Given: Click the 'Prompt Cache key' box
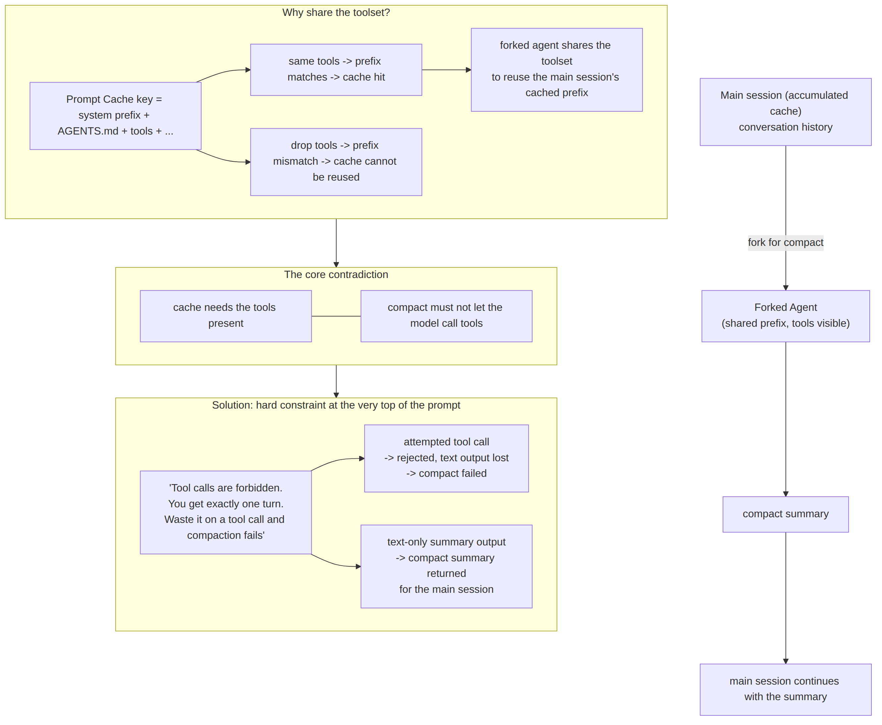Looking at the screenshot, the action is [115, 116].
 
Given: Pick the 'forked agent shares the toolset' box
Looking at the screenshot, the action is [556, 70].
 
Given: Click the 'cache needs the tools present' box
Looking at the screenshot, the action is [226, 316].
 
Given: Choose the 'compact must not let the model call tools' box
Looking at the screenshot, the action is [446, 316].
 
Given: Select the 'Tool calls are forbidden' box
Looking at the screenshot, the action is [226, 512].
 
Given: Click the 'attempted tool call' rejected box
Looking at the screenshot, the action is [446, 458].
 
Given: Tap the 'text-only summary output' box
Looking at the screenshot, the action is [446, 566].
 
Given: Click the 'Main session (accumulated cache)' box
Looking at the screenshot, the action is [785, 112].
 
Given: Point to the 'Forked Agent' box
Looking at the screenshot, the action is [785, 316].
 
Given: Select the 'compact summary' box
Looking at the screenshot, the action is [785, 514].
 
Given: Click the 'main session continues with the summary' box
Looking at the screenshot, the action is [785, 690].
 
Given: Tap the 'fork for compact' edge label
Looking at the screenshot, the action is [785, 243].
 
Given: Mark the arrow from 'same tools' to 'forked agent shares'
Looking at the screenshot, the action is [446, 70].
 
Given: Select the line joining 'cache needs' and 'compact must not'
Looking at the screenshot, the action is [336, 316].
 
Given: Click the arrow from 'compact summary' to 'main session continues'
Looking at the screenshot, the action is [786, 598].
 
